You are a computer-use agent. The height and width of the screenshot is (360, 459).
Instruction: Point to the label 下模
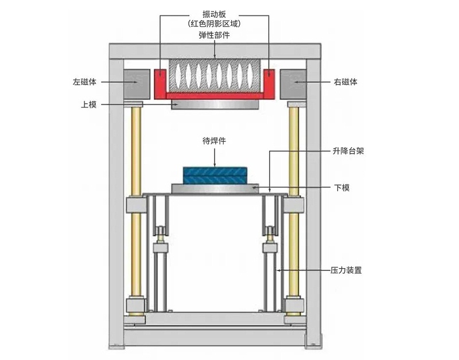point(343,188)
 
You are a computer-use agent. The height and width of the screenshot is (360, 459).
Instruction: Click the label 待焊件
point(213,140)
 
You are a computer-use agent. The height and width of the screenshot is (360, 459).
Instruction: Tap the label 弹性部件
point(215,35)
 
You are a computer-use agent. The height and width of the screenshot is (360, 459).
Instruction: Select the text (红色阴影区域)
point(215,24)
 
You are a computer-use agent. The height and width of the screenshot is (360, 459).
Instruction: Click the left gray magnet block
point(137,83)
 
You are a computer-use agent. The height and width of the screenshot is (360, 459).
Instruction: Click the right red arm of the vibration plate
point(268,80)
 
